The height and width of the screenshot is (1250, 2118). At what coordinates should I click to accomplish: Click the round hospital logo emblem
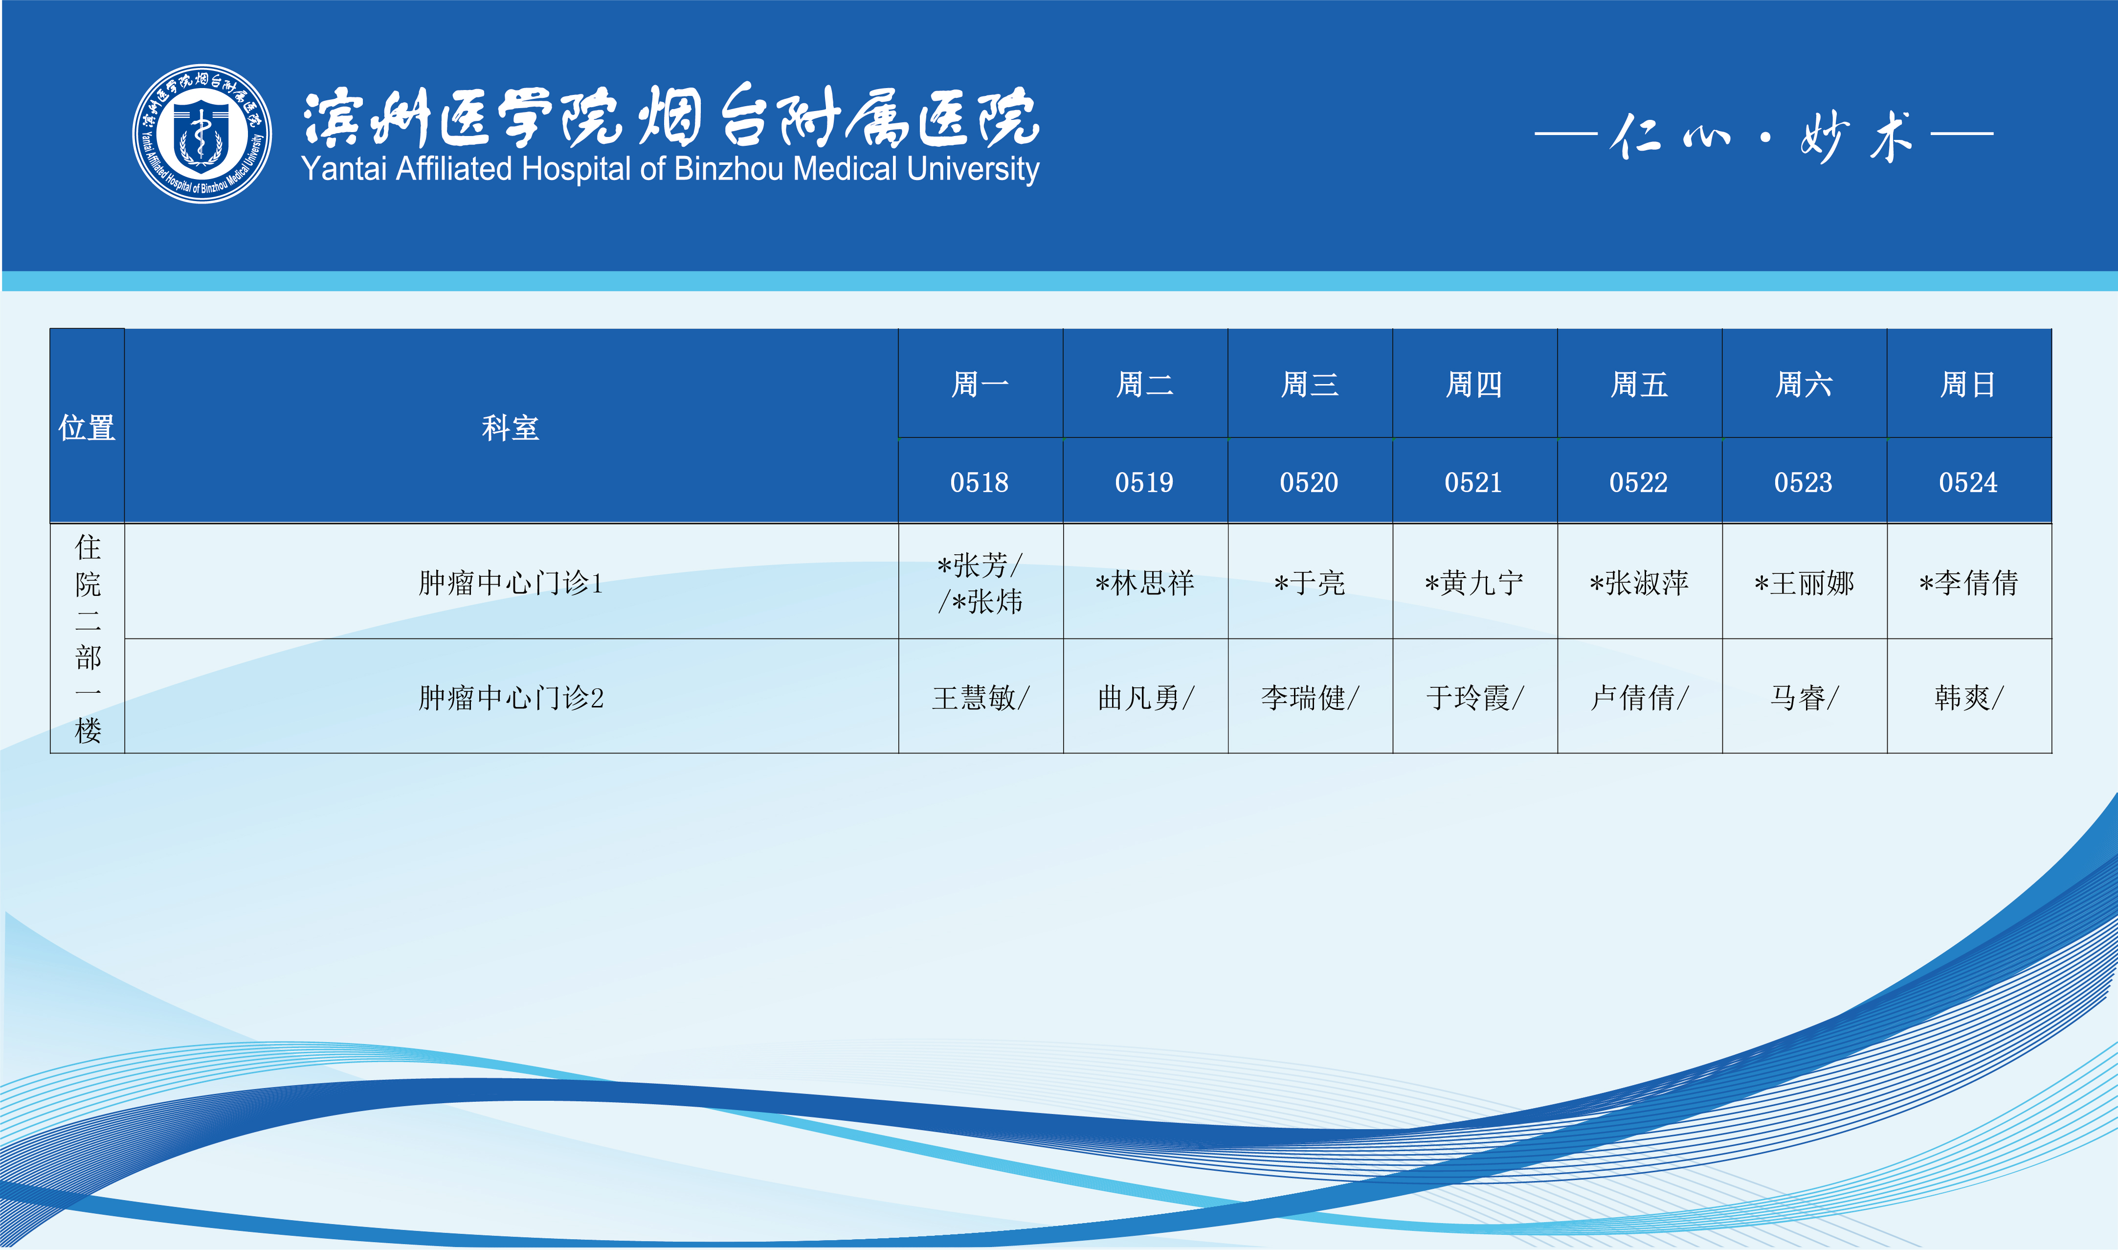pos(202,133)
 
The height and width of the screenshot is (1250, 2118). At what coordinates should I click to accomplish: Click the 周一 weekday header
pos(980,385)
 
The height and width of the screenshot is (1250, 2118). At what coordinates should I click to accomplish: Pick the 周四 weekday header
pos(1474,385)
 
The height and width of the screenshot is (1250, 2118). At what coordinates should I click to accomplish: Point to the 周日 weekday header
pos(1968,385)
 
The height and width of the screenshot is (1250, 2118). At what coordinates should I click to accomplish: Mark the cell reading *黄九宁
pos(1474,582)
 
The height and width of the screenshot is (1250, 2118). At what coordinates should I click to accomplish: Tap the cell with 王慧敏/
pos(981,698)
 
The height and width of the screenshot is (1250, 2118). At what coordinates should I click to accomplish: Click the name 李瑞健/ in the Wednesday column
pos(1310,698)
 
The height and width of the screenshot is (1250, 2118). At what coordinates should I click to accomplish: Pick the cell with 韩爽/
pos(1969,698)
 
